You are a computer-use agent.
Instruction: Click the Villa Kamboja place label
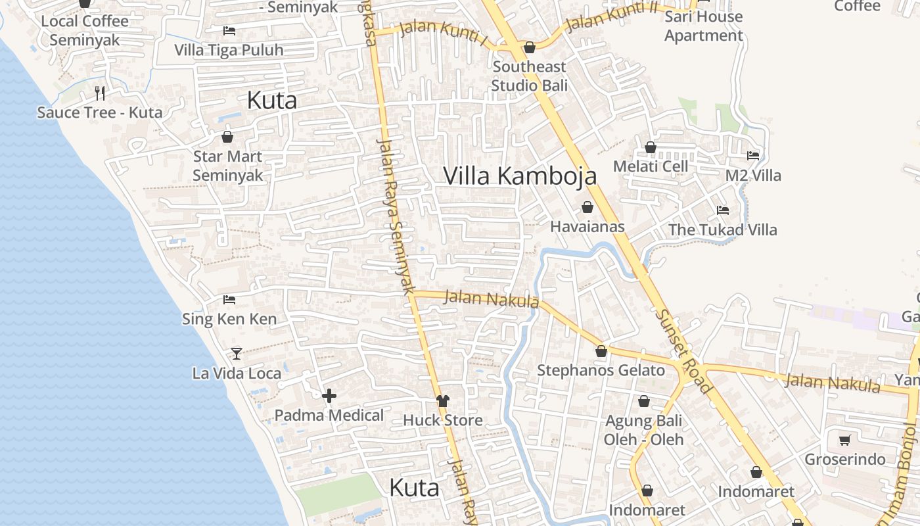pyautogui.click(x=520, y=176)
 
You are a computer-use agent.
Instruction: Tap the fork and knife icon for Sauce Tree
pyautogui.click(x=100, y=93)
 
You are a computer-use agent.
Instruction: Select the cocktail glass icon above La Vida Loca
pyautogui.click(x=237, y=353)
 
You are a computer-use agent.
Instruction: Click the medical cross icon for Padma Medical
pyautogui.click(x=329, y=395)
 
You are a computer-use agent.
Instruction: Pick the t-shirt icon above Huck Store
pyautogui.click(x=442, y=400)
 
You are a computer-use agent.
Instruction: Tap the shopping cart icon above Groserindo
pyautogui.click(x=845, y=439)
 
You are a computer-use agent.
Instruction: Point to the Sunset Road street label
pyautogui.click(x=683, y=352)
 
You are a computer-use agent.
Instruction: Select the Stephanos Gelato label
pyautogui.click(x=601, y=370)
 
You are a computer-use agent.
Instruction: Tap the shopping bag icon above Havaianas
pyautogui.click(x=587, y=207)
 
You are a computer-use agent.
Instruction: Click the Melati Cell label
pyautogui.click(x=651, y=166)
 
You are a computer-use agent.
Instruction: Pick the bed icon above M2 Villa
pyautogui.click(x=753, y=156)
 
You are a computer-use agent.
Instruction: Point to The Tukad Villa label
pyautogui.click(x=722, y=229)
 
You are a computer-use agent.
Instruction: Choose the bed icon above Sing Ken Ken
pyautogui.click(x=229, y=299)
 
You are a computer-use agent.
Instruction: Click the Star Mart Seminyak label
pyautogui.click(x=227, y=166)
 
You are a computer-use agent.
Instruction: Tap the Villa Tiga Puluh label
pyautogui.click(x=229, y=50)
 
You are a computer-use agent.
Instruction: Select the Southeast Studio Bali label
pyautogui.click(x=529, y=76)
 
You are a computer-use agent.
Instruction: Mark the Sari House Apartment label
pyautogui.click(x=703, y=26)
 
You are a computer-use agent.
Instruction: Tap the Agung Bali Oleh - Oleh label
pyautogui.click(x=643, y=430)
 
